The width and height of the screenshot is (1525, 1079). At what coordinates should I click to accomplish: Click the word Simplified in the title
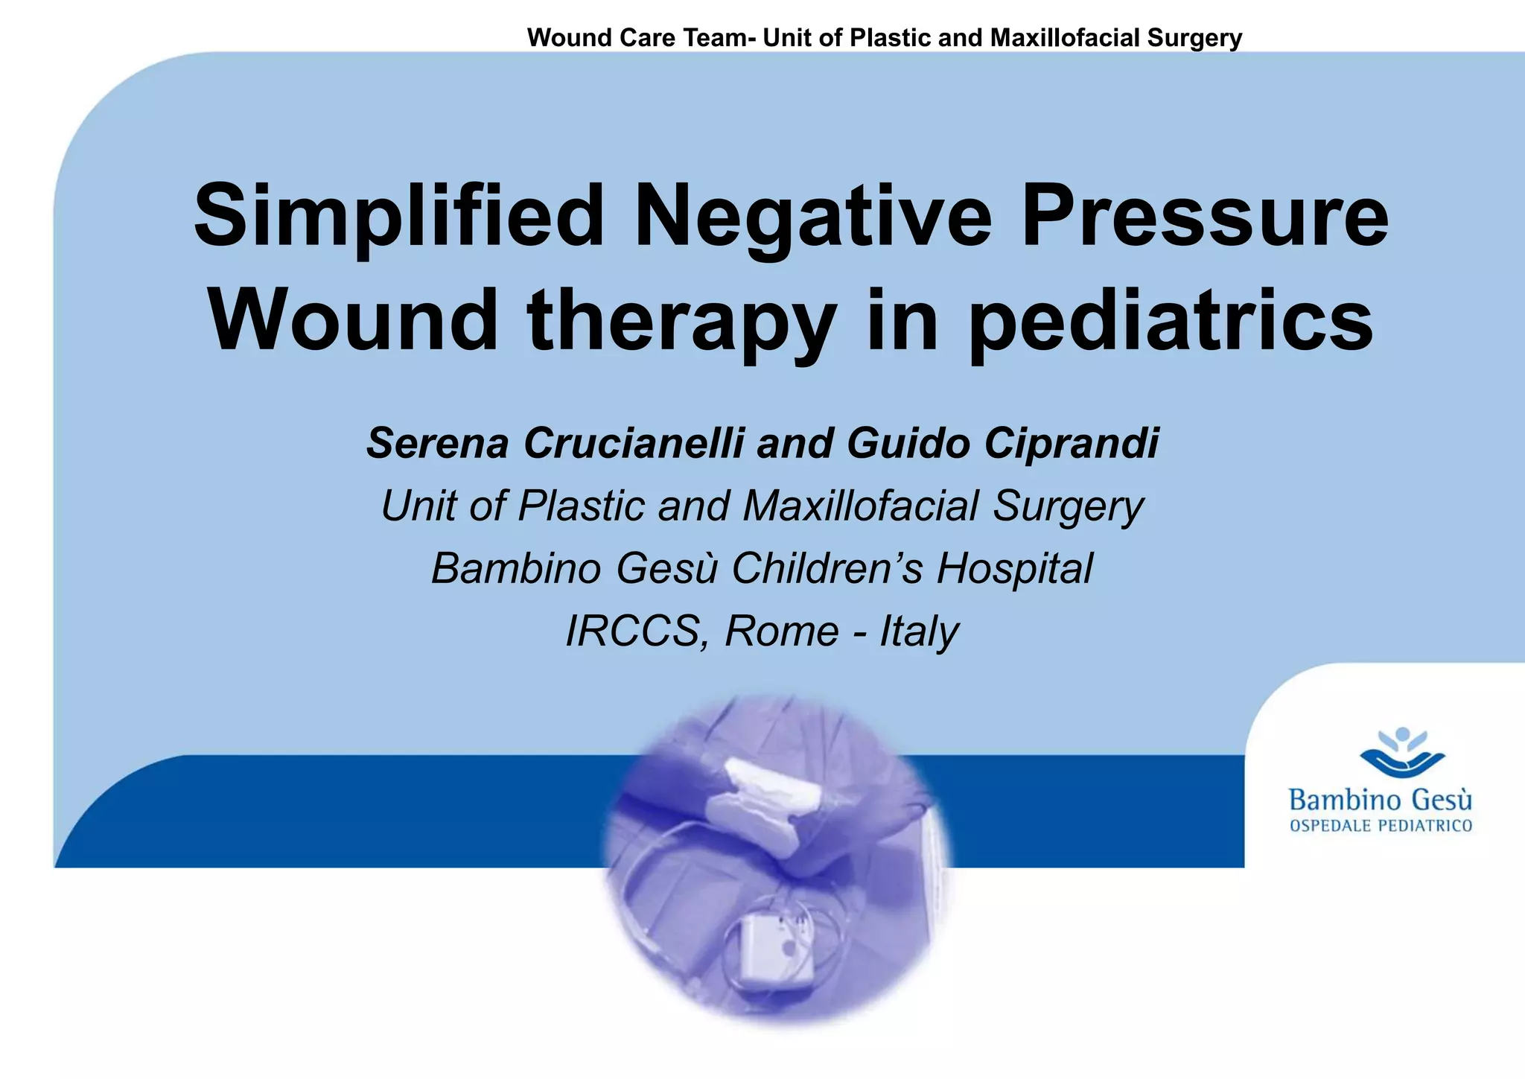[x=398, y=217]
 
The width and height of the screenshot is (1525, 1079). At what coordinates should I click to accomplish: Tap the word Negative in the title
[x=812, y=217]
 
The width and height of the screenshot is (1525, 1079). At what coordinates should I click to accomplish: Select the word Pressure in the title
[x=1204, y=217]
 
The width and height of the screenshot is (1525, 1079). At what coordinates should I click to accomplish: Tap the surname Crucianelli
[x=634, y=443]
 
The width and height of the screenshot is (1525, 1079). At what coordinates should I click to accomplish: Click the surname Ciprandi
[x=1072, y=443]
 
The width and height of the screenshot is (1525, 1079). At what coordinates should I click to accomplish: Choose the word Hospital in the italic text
[x=1014, y=568]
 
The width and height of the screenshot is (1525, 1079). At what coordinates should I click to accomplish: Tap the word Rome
[x=782, y=631]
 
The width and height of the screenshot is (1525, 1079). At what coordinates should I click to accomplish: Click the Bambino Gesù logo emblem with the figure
[x=1402, y=754]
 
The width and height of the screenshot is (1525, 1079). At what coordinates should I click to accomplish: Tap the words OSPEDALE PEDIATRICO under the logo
[x=1381, y=826]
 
